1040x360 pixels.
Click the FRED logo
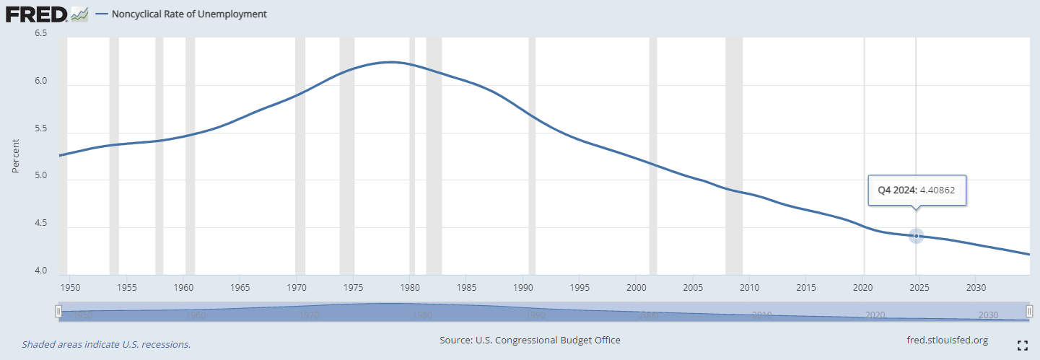pos(38,14)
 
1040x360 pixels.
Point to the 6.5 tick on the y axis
pos(40,33)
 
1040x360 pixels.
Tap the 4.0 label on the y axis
pos(40,271)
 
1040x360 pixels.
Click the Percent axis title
pos(16,156)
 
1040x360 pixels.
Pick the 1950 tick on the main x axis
pos(71,286)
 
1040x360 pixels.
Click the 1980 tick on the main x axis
pos(410,286)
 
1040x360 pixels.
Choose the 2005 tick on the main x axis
pos(693,286)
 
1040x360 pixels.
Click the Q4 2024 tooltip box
pos(917,190)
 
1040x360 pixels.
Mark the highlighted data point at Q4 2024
pos(916,236)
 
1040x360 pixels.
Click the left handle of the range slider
pos(58,311)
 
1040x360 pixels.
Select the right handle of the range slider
pos(1030,311)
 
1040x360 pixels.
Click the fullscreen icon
pos(1022,345)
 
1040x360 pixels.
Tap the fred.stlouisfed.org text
pos(946,340)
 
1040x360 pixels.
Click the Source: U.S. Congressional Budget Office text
pos(530,340)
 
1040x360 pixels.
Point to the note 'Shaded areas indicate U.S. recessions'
pos(106,344)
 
